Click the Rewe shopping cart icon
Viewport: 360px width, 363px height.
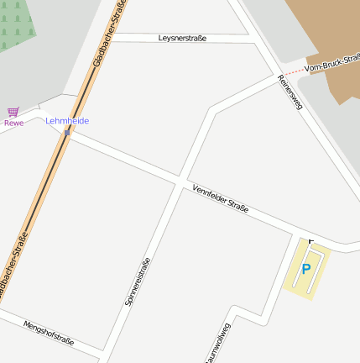pyautogui.click(x=13, y=111)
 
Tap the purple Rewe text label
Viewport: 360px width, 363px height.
pyautogui.click(x=13, y=123)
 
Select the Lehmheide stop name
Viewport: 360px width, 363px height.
pyautogui.click(x=67, y=121)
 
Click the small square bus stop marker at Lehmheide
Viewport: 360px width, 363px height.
pyautogui.click(x=67, y=133)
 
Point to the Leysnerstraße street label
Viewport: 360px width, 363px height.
pyautogui.click(x=182, y=39)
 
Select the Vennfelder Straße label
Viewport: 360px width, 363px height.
pyautogui.click(x=220, y=198)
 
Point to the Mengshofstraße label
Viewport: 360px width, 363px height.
pyautogui.click(x=49, y=334)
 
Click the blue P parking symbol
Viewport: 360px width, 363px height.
pyautogui.click(x=306, y=270)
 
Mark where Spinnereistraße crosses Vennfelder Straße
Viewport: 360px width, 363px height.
pyautogui.click(x=179, y=180)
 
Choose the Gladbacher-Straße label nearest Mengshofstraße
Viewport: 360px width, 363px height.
pyautogui.click(x=13, y=268)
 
